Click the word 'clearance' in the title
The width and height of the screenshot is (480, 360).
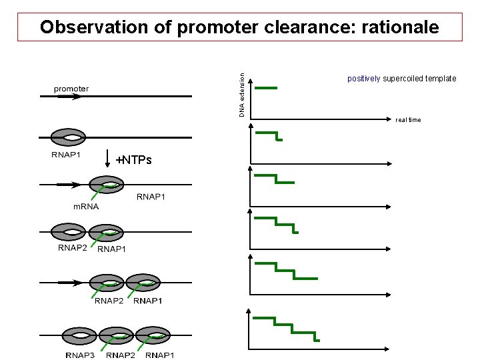[303, 27]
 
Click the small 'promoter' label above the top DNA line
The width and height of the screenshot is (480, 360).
[71, 89]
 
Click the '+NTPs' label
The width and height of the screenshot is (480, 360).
[133, 160]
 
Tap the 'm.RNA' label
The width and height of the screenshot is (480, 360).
[86, 206]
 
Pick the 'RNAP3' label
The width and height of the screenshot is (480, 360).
[80, 355]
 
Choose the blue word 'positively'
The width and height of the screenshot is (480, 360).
[364, 79]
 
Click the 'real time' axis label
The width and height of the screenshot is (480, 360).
[408, 120]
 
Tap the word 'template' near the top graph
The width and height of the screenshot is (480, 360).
[441, 79]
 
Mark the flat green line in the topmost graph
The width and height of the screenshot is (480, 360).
[267, 87]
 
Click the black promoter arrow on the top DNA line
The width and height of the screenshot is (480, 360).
[68, 97]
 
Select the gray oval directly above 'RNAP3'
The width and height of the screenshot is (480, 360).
[79, 335]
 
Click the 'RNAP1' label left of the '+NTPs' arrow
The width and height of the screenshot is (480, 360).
[66, 155]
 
